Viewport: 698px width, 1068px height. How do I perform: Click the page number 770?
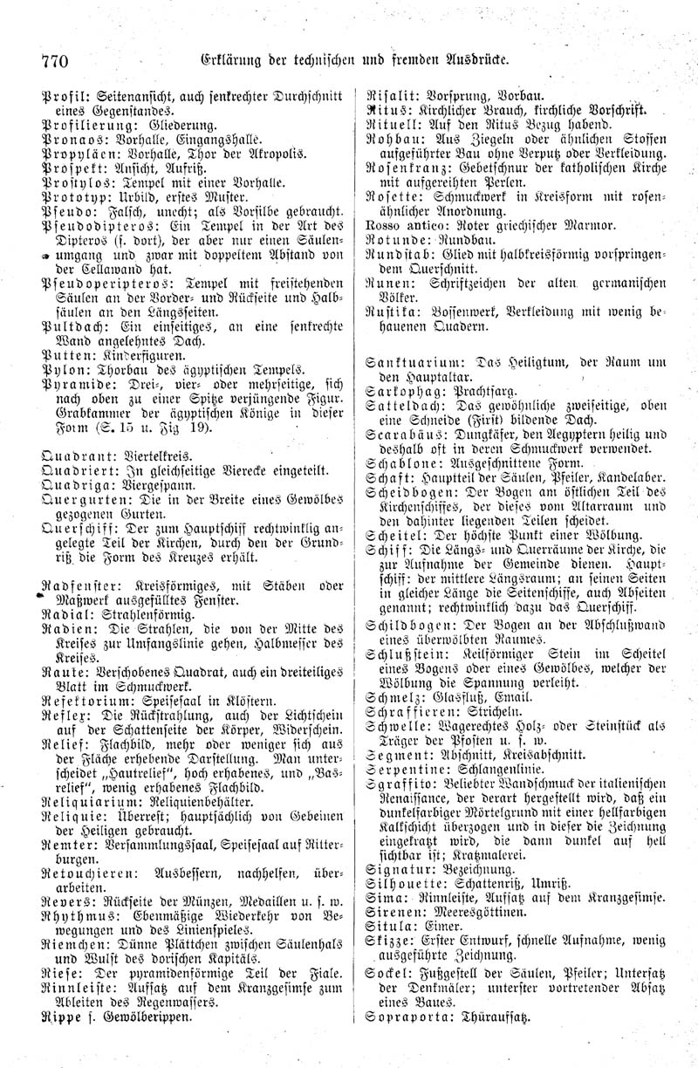point(54,60)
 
